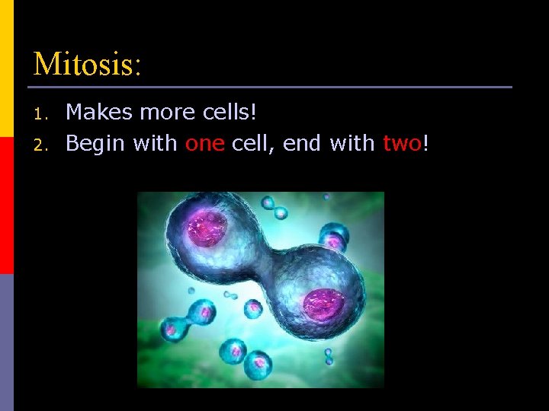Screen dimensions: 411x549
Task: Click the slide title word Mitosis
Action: pos(87,64)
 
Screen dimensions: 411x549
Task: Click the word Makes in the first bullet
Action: pos(95,113)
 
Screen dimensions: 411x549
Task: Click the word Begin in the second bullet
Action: pos(95,143)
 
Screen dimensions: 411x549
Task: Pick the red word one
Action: pos(204,143)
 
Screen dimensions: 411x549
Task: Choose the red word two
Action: pos(402,143)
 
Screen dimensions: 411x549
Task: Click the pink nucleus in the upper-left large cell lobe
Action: pos(209,228)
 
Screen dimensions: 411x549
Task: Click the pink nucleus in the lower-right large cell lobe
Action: pos(323,304)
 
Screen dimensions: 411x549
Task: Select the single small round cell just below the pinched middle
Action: pos(252,308)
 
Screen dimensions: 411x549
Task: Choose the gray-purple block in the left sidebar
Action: pos(7,342)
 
